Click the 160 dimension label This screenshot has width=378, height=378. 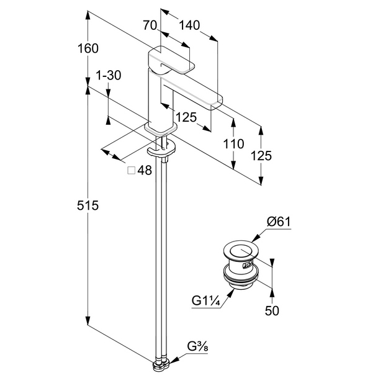pyautogui.click(x=89, y=48)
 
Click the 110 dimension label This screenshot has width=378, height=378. pyautogui.click(x=233, y=144)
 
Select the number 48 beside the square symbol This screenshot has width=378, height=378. pyautogui.click(x=145, y=171)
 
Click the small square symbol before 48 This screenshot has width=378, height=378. pyautogui.click(x=131, y=171)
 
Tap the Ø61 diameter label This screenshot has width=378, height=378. pyautogui.click(x=279, y=222)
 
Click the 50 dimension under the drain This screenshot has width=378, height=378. pyautogui.click(x=272, y=310)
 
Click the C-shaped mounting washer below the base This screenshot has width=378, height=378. pyautogui.click(x=161, y=150)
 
